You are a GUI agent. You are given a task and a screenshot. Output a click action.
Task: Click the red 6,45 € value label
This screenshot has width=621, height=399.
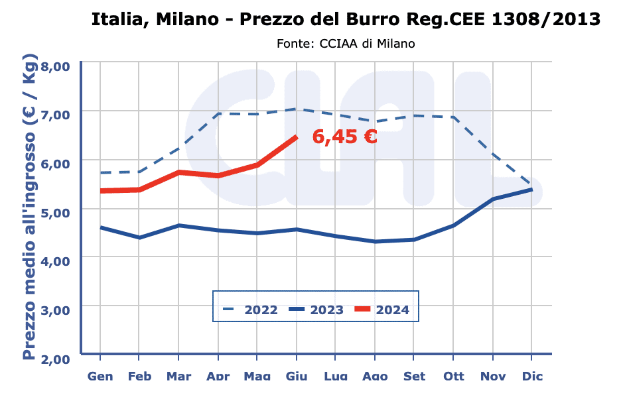(x=345, y=137)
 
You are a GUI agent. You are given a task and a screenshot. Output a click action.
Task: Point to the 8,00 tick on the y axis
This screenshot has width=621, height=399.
(x=56, y=66)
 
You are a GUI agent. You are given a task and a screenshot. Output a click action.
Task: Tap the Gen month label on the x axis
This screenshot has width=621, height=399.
(x=100, y=376)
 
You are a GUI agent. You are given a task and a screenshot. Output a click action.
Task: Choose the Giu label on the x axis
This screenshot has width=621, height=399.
(x=297, y=376)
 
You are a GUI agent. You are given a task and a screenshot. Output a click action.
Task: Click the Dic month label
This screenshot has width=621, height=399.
(x=532, y=376)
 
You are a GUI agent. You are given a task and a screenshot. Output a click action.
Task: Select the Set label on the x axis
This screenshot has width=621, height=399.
(x=415, y=376)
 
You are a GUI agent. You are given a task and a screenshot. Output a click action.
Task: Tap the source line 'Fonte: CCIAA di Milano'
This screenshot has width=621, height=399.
(x=346, y=44)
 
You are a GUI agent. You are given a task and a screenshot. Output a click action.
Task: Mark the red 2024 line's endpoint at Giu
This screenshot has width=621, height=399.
(x=296, y=137)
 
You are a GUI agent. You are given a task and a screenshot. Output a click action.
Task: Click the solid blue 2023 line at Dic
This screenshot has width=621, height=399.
(x=532, y=190)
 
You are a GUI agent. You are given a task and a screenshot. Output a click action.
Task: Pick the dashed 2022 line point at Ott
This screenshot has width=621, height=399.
(x=454, y=117)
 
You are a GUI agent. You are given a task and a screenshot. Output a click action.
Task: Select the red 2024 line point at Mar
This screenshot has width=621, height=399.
(x=178, y=172)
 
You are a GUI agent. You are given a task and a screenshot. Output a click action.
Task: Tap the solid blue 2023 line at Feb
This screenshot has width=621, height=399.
(x=139, y=237)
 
